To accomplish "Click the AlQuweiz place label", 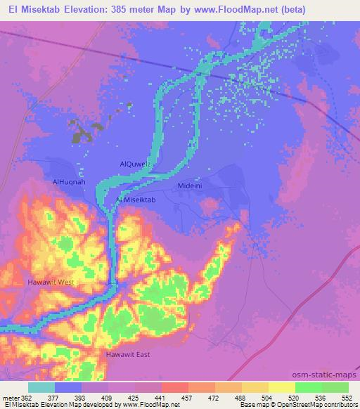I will pyautogui.click(x=136, y=164).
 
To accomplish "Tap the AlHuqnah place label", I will pyautogui.click(x=69, y=181).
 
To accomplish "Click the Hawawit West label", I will pyautogui.click(x=51, y=282).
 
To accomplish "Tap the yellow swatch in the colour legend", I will pyautogui.click(x=281, y=387).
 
